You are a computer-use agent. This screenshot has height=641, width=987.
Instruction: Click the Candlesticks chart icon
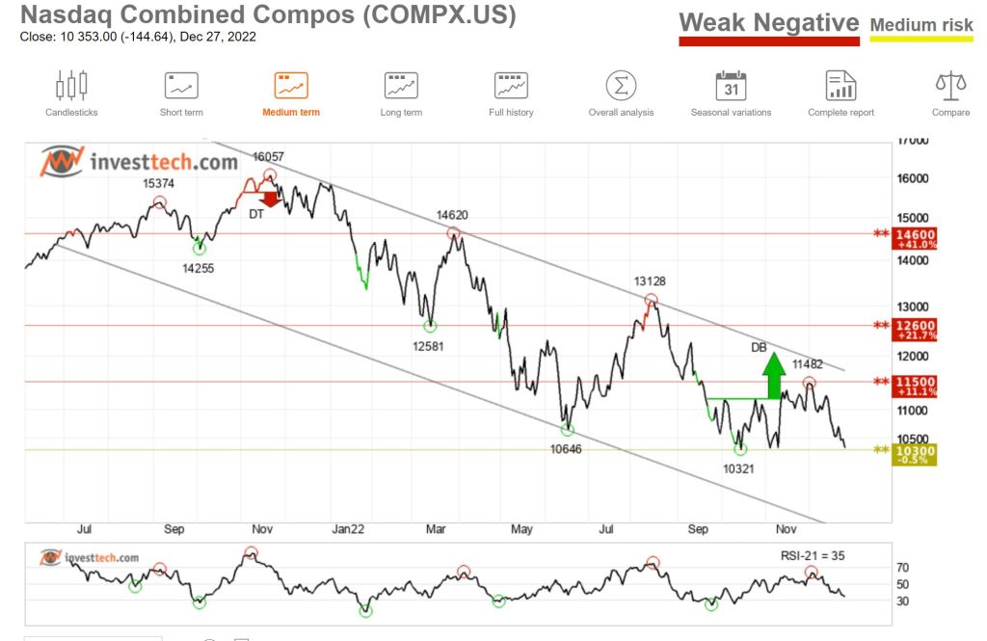point(71,86)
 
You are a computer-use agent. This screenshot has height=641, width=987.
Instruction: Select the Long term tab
point(401,86)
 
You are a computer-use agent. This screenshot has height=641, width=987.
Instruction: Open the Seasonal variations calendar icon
point(731,86)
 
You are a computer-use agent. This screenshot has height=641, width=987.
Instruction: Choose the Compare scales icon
point(950,86)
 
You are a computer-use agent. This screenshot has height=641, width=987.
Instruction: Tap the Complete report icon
point(840,86)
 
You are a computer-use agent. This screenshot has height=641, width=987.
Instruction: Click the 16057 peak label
point(269,157)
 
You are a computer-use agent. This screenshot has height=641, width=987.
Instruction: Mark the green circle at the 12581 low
point(430,326)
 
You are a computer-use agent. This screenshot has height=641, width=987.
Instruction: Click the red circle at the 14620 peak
point(453,233)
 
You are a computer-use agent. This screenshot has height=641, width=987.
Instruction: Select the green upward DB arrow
point(773,376)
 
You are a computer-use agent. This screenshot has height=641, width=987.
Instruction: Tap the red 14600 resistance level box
point(915,238)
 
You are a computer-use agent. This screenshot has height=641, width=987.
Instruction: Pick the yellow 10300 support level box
point(915,454)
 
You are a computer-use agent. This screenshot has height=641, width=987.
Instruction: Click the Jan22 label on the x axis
point(348,529)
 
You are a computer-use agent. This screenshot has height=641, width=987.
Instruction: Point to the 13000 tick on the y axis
point(914,307)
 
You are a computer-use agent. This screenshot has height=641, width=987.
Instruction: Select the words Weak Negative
point(768,23)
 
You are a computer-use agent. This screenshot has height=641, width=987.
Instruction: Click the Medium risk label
point(921,25)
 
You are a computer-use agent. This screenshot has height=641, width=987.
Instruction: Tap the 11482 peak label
point(809,364)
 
